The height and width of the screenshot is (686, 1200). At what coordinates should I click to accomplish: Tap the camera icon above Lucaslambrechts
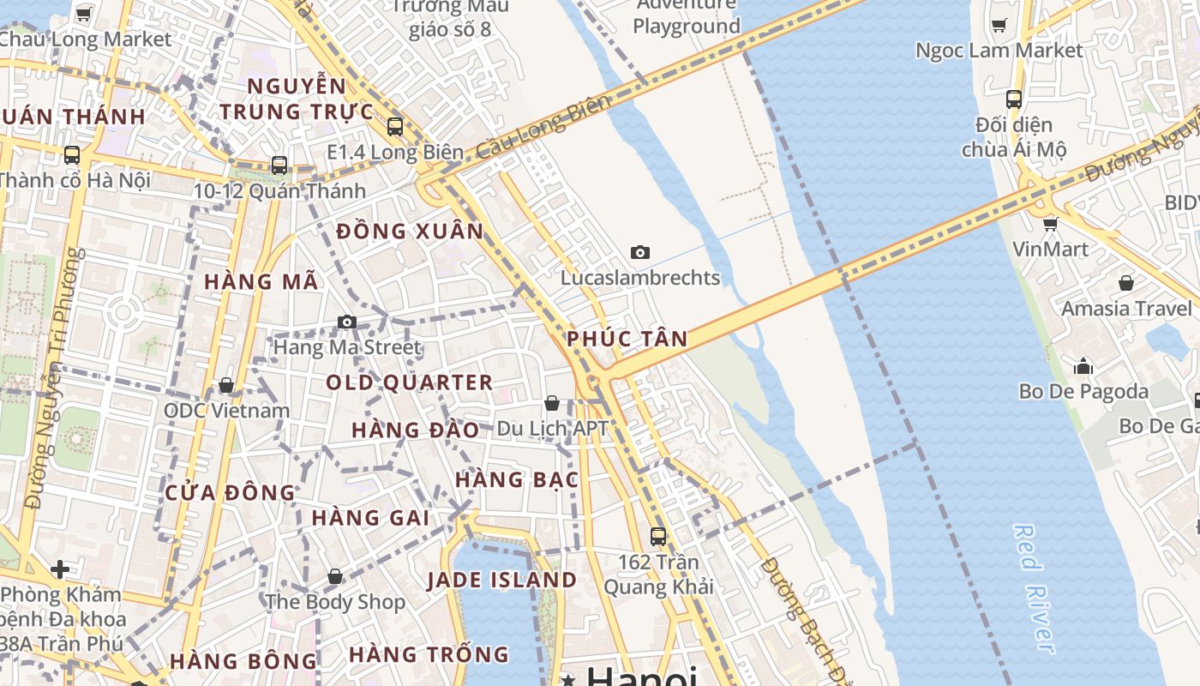639,252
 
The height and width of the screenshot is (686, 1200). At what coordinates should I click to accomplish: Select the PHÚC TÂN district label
627,339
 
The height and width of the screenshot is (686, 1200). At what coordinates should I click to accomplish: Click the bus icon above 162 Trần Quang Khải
658,537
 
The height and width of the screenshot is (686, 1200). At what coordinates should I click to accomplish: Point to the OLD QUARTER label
410,382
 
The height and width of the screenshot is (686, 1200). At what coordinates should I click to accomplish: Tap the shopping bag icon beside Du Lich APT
552,403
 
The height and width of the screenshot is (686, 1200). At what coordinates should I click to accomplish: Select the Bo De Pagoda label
1083,392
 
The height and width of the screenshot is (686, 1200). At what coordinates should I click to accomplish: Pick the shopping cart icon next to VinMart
1050,225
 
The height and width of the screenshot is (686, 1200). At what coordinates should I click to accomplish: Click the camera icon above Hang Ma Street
347,322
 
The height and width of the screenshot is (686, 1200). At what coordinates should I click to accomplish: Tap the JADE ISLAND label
502,581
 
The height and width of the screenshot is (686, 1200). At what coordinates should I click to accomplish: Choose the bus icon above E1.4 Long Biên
395,127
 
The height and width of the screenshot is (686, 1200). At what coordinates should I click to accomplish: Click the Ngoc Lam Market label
999,51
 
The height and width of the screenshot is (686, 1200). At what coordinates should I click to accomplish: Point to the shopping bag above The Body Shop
335,577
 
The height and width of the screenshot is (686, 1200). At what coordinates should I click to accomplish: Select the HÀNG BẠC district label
517,479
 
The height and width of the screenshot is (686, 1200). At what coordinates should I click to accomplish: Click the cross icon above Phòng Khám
59,569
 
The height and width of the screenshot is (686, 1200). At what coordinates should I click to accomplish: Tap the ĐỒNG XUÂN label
411,232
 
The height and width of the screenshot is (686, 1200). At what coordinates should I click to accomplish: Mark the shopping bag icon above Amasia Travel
1126,284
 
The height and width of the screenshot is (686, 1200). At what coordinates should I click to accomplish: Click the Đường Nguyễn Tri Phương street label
55,377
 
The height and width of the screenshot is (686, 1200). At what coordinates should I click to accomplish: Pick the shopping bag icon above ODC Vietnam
226,386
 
